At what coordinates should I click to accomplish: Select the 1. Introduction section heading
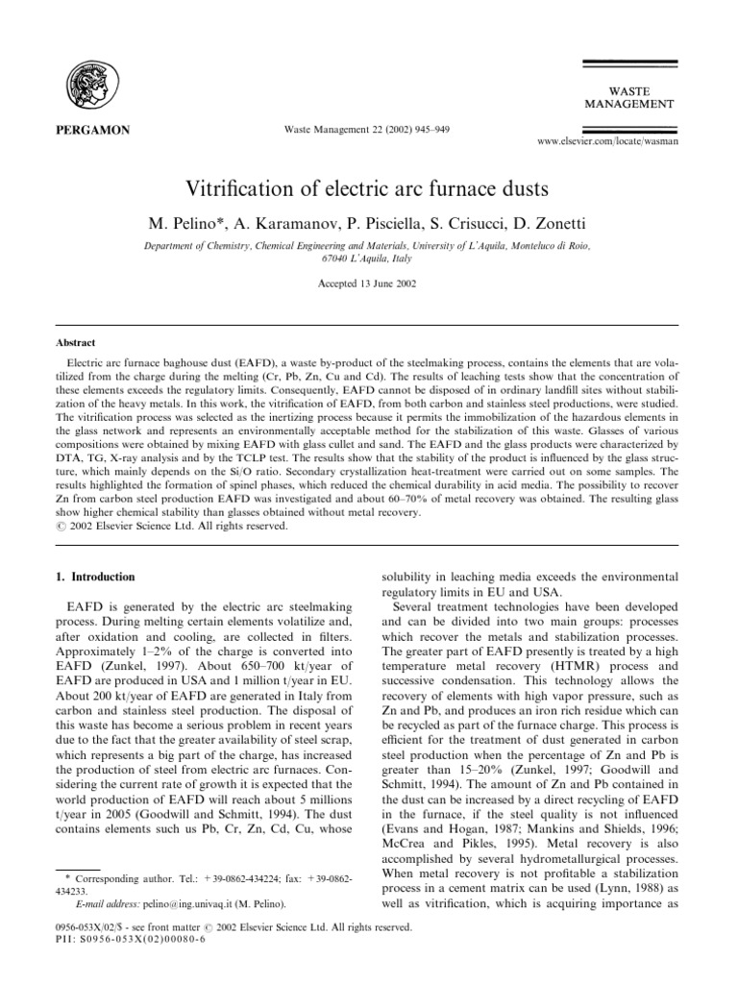[x=94, y=577]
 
